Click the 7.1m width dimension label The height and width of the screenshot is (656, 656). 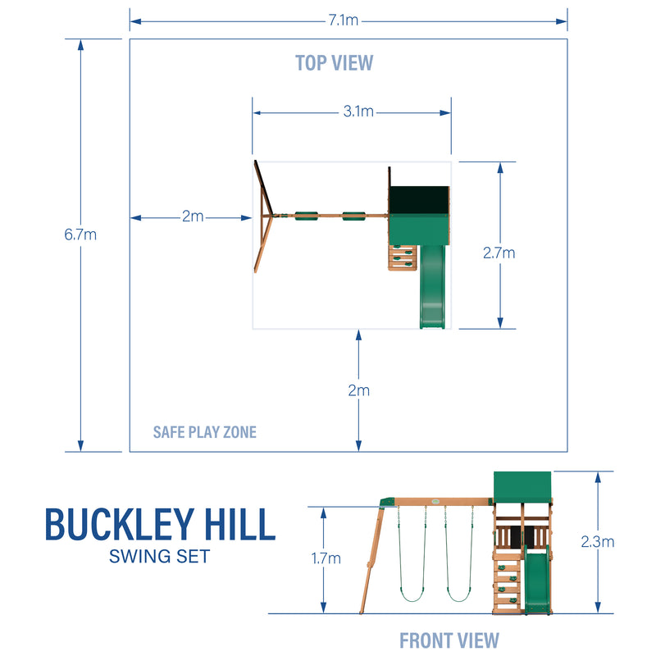click(344, 20)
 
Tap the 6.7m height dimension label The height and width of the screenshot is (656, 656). click(80, 235)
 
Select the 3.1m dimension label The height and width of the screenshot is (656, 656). click(358, 112)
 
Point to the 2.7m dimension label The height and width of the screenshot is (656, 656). click(499, 253)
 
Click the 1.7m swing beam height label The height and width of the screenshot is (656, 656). click(325, 558)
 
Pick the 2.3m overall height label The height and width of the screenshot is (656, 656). click(597, 541)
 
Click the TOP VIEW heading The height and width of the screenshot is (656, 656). click(334, 62)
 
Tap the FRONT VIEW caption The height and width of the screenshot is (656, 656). click(449, 640)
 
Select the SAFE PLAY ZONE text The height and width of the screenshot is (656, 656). click(205, 431)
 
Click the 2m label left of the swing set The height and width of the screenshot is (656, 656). click(193, 217)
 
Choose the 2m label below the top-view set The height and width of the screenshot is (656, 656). click(358, 390)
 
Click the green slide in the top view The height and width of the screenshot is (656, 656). click(432, 287)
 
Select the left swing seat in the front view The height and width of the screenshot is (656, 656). click(412, 592)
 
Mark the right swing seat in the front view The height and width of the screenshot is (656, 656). click(460, 592)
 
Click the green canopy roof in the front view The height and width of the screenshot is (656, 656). click(523, 490)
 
